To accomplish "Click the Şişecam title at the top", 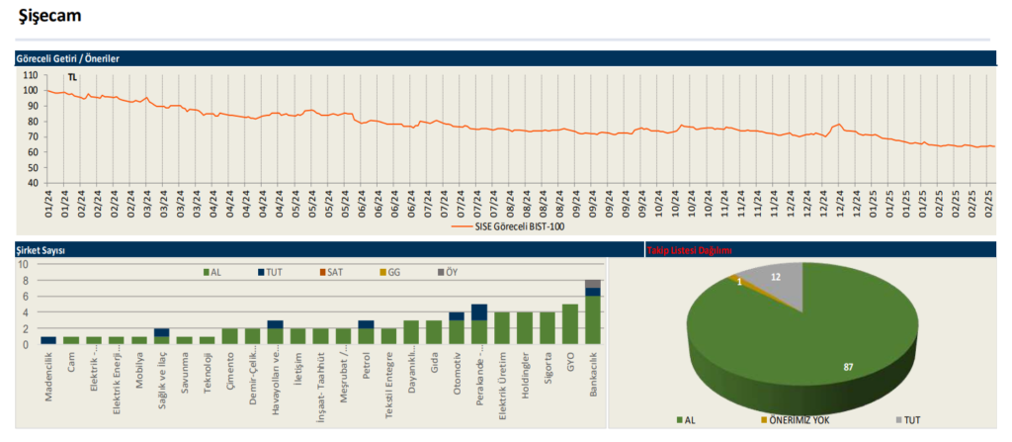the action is pos(50,16).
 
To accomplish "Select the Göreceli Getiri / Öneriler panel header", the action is pos(68,58).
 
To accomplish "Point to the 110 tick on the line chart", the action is pos(31,75).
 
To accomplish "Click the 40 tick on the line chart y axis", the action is pos(33,183).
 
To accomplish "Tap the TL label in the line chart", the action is pos(72,77).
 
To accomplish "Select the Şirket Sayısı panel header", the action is pos(41,251).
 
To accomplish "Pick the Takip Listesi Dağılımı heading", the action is pos(689,251).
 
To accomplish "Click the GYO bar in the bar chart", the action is pos(570,324).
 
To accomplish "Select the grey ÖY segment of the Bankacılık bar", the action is pos(593,284).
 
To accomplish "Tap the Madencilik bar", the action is pos(48,340).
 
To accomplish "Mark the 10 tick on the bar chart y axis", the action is pos(24,264).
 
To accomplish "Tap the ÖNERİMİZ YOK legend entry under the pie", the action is pos(796,420).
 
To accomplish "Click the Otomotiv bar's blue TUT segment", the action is pos(457,316).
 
